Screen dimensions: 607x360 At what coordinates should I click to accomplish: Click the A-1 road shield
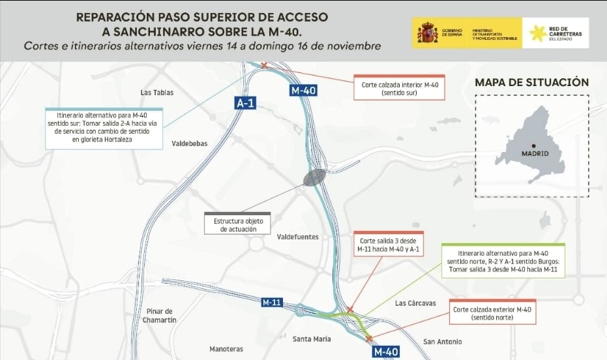click(x=245, y=103)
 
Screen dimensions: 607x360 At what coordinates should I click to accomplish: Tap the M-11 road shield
click(x=271, y=303)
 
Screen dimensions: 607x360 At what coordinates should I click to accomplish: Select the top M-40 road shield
click(x=303, y=91)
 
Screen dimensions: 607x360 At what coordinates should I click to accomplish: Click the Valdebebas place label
click(x=189, y=143)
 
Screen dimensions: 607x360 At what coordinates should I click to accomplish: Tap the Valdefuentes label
click(x=298, y=237)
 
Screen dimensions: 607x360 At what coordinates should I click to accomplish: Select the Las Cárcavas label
click(x=415, y=303)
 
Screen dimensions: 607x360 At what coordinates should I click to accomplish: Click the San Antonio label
click(x=442, y=342)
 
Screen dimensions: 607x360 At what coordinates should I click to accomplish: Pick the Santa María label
click(x=312, y=339)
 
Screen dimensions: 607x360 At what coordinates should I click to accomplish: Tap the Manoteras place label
click(x=226, y=349)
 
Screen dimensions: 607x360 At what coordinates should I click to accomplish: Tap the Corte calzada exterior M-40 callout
click(x=492, y=313)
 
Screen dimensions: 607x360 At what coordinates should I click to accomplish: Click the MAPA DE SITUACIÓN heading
click(x=531, y=82)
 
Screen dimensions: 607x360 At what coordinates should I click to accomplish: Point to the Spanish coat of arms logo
click(x=428, y=32)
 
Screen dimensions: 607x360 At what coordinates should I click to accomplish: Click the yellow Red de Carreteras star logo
click(x=537, y=33)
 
